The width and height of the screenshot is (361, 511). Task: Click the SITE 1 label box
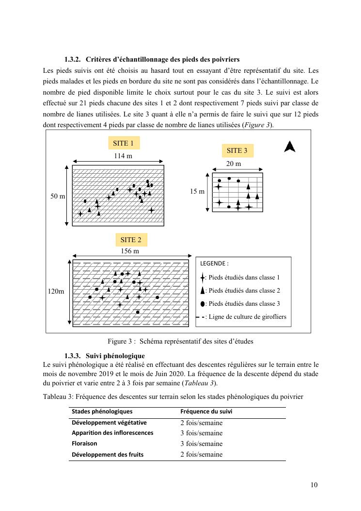pos(123,143)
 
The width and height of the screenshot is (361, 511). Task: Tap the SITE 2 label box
pos(131,240)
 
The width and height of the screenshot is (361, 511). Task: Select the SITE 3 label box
pos(237,151)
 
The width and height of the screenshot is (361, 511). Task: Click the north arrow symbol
pos(290,147)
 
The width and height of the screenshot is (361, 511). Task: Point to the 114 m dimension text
pos(123,156)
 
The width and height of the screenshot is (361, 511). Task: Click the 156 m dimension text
pos(130,251)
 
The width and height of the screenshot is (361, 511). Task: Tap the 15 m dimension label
pos(197,192)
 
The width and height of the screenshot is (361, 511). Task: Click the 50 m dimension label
pos(58,196)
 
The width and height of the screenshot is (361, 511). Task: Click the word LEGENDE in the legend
pos(214,264)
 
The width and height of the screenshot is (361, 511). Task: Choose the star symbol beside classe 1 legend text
pos(203,278)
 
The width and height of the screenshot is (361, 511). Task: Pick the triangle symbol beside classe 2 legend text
pos(203,291)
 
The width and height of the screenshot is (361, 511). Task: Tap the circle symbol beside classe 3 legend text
pos(203,304)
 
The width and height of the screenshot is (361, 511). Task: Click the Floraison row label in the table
pos(84,444)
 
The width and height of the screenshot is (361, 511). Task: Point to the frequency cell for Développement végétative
pos(201,423)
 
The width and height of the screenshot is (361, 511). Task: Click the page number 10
pos(314,485)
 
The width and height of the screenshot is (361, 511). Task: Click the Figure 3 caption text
pos(180,341)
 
